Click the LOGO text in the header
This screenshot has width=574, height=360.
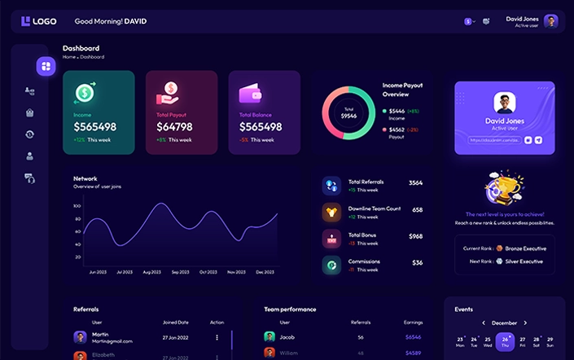[44, 21]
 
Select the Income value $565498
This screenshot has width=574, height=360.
[94, 127]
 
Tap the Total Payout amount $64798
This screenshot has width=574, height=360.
[174, 127]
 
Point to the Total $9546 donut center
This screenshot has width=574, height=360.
[348, 113]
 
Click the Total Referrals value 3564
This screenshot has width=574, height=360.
[415, 182]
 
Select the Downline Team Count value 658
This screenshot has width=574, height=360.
[417, 209]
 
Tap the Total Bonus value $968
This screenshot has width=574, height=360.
[415, 236]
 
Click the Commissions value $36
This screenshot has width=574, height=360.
[417, 262]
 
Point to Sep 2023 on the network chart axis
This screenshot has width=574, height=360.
[180, 272]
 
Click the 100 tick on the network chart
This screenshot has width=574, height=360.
[77, 206]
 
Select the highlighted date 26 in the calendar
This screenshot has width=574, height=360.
[506, 340]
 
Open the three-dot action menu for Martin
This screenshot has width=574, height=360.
[217, 337]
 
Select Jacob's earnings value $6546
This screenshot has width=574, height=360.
[414, 336]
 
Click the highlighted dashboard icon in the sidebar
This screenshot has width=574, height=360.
[46, 65]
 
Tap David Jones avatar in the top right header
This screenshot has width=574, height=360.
[551, 21]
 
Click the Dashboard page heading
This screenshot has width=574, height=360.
[81, 48]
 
